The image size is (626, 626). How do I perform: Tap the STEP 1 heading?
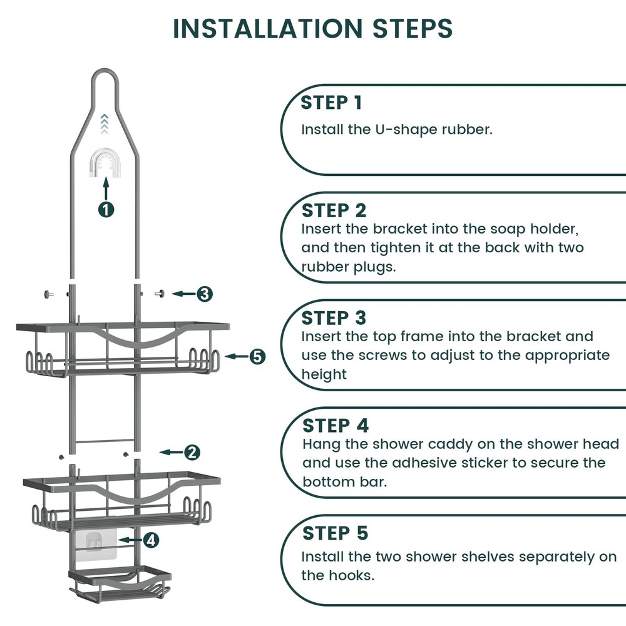click(x=331, y=103)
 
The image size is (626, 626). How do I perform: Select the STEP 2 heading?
click(x=334, y=210)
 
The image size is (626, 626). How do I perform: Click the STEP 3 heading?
click(x=334, y=317)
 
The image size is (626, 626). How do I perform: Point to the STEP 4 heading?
click(x=336, y=426)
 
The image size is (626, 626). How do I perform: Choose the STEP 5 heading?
click(x=335, y=533)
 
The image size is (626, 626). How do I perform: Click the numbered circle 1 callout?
click(x=106, y=209)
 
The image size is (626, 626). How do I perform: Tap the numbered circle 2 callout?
click(x=192, y=452)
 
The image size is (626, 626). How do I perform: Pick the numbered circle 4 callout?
click(x=151, y=540)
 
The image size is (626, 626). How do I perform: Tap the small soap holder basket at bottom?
click(x=120, y=583)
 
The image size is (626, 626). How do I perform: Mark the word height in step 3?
click(x=324, y=374)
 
